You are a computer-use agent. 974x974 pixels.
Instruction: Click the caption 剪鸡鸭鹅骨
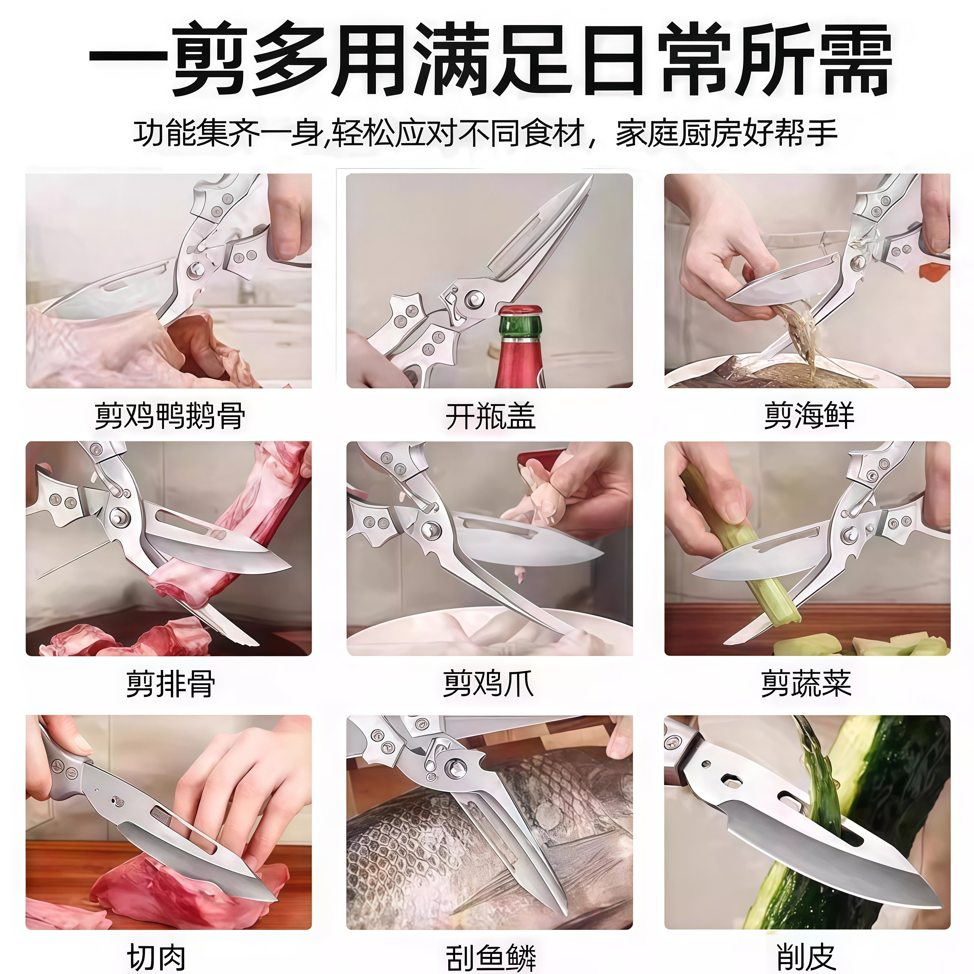pos(170,416)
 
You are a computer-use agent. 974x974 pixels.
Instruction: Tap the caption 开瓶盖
pos(490,416)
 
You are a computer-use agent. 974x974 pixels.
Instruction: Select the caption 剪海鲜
pos(808,416)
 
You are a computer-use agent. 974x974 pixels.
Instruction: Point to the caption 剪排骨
pos(170,684)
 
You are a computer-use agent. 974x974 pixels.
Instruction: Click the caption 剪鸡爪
pos(488,684)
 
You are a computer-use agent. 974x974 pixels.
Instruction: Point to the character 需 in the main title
pos(853,59)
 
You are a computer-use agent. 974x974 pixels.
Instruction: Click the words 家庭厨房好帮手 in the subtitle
pos(726,134)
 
